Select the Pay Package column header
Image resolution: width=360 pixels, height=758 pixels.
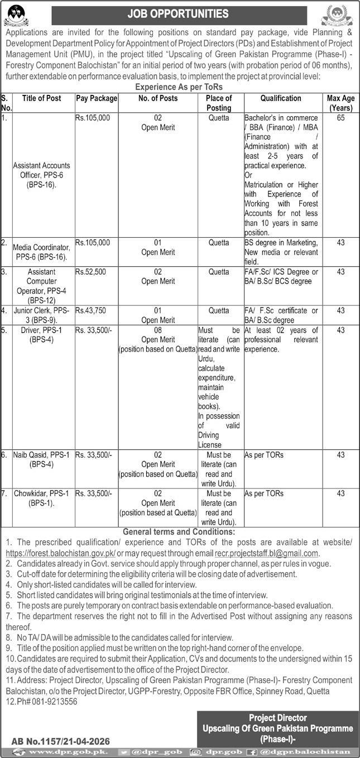pyautogui.click(x=97, y=99)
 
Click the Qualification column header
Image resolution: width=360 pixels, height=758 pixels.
pyautogui.click(x=281, y=99)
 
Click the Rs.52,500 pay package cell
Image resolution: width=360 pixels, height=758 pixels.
pyautogui.click(x=90, y=272)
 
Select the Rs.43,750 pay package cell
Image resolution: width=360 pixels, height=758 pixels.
pyautogui.click(x=90, y=310)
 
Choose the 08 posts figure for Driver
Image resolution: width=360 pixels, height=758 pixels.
pyautogui.click(x=158, y=330)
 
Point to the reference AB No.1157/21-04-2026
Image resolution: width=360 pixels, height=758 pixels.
pyautogui.click(x=61, y=741)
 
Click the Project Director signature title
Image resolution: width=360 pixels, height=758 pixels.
pyautogui.click(x=278, y=718)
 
